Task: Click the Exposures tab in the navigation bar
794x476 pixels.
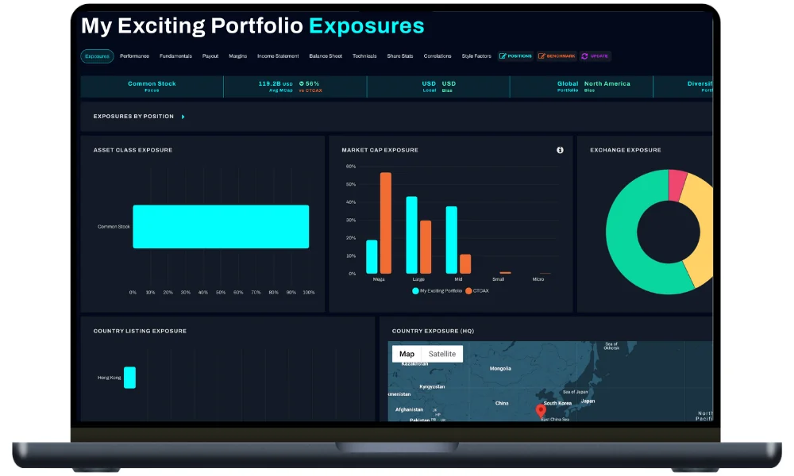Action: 97,56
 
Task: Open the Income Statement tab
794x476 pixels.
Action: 278,56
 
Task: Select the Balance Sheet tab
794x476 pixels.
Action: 326,56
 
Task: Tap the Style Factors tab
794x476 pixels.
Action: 476,56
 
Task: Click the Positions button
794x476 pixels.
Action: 516,56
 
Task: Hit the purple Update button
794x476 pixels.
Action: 595,56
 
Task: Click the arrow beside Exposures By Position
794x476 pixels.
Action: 183,117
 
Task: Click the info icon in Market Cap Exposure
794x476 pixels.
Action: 560,150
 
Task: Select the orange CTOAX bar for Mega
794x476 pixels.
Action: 386,223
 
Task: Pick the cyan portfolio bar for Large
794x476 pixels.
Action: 411,235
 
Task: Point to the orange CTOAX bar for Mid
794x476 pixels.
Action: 465,264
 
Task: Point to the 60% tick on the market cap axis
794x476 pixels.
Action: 351,167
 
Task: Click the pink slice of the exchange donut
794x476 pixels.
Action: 677,184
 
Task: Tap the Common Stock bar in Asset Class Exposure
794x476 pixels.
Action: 221,227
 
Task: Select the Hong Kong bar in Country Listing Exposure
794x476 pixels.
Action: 129,378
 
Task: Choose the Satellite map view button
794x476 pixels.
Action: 442,354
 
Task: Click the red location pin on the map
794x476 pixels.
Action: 541,410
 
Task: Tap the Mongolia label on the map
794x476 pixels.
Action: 500,369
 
